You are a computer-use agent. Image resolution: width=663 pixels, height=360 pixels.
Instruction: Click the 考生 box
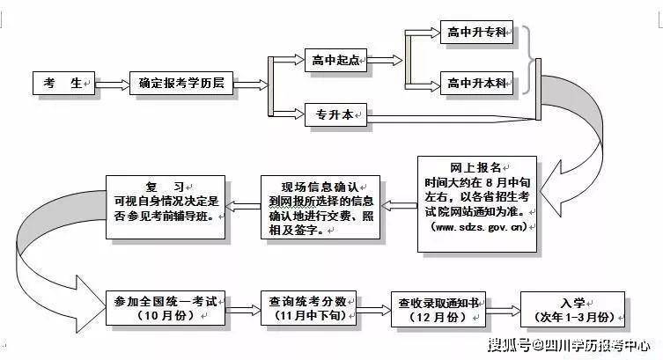point(63,84)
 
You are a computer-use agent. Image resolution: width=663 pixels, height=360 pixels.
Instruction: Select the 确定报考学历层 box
point(181,84)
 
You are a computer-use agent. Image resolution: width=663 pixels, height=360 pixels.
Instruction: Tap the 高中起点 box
point(335,61)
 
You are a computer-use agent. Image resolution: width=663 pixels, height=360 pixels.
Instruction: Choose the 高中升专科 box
point(475,33)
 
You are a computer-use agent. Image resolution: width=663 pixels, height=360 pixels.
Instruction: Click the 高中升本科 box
point(475,84)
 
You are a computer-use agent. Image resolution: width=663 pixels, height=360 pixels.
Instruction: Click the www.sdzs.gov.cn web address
point(478,226)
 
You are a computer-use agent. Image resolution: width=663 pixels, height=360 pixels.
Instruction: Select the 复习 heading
point(166,187)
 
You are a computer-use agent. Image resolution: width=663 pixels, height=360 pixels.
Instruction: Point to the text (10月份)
point(165,317)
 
